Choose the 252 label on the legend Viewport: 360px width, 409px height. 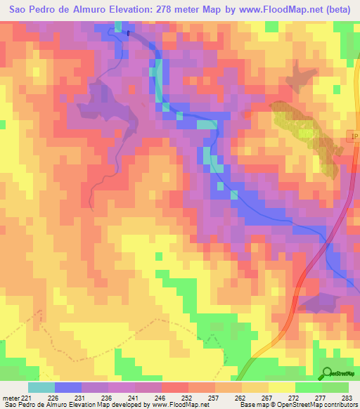click(x=175, y=398)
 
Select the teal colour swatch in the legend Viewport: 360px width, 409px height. click(x=41, y=387)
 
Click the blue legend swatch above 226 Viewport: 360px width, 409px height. click(x=67, y=387)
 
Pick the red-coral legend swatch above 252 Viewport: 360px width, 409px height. click(x=175, y=387)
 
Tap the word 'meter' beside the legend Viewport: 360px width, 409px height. click(x=10, y=398)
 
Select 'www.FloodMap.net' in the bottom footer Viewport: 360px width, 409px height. click(x=179, y=405)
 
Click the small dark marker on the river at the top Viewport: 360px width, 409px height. click(x=129, y=32)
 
